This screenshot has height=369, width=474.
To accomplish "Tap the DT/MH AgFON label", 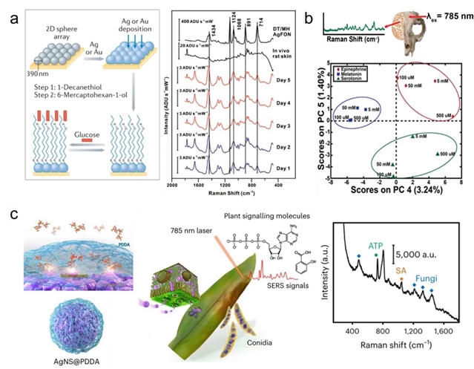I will click(x=277, y=28).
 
